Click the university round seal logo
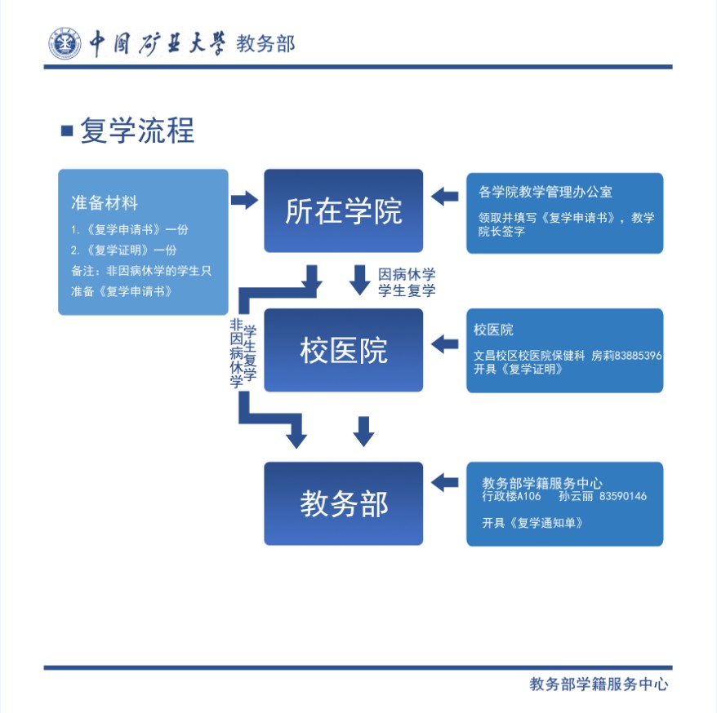[x=63, y=43]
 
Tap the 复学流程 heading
[x=137, y=131]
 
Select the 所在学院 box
[x=343, y=210]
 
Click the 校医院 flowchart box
[x=343, y=351]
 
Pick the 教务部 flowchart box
[x=343, y=503]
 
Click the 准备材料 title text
[x=105, y=202]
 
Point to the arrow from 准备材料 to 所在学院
[x=244, y=200]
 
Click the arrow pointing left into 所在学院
[x=444, y=196]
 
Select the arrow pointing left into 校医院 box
[x=444, y=343]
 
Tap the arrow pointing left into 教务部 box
[x=444, y=482]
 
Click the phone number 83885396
[x=638, y=356]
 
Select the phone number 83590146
[x=622, y=496]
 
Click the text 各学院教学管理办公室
[x=546, y=193]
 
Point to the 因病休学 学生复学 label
[x=407, y=282]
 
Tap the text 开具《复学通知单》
[x=532, y=523]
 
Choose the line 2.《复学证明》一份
[x=123, y=250]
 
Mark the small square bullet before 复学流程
[x=67, y=131]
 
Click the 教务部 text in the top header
[x=265, y=43]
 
